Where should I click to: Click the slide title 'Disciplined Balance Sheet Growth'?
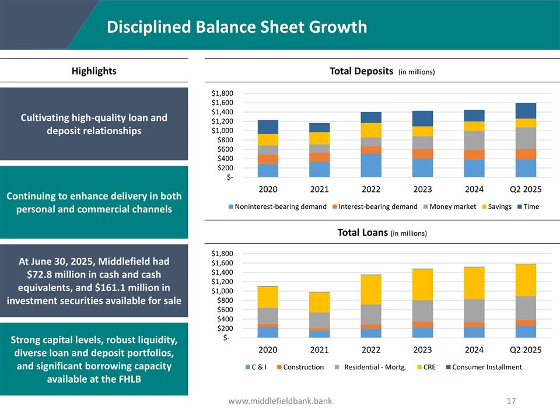point(237,27)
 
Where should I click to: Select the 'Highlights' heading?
point(94,71)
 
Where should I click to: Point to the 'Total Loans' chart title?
point(362,232)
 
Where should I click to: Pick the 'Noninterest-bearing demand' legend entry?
point(277,206)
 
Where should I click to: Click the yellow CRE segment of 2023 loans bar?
point(422,285)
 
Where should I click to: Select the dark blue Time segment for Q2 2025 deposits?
point(526,111)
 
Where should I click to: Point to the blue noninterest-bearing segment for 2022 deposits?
point(371,165)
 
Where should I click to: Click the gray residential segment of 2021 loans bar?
point(320,320)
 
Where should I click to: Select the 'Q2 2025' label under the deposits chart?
point(526,189)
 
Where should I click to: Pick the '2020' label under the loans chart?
point(268,350)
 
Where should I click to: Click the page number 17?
point(512,401)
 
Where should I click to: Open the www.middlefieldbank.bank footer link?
point(280,401)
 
